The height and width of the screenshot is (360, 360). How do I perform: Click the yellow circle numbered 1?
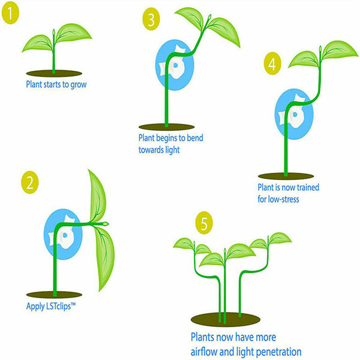pos(10,13)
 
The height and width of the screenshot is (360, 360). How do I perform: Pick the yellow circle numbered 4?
pos(272,64)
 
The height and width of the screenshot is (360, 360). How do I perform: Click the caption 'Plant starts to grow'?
pos(56,84)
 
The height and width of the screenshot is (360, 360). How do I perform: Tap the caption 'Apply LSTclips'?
pos(53,307)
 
